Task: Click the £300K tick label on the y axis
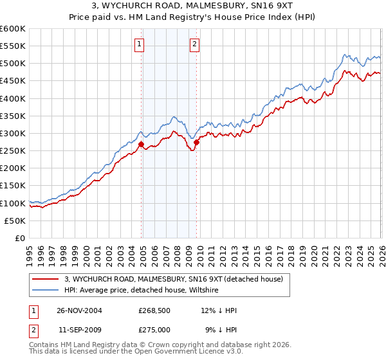click(13, 133)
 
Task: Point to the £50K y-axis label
click(15, 221)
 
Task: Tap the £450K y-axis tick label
click(13, 81)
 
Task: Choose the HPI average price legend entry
click(141, 291)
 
